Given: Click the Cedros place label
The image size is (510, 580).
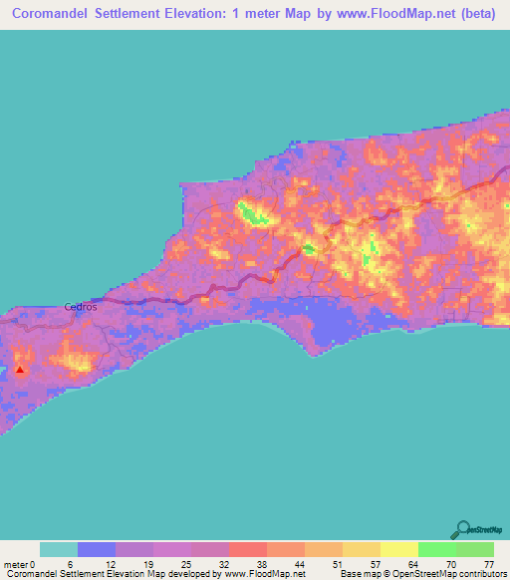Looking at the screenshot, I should (81, 307).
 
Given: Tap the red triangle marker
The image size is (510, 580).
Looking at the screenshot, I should (21, 369).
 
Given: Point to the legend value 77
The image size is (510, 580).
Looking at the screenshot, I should (488, 564).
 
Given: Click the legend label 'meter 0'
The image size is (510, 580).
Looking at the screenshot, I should (21, 564).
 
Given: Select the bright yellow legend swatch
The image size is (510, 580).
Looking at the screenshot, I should (397, 549).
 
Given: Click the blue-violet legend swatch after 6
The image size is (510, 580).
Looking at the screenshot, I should (97, 549).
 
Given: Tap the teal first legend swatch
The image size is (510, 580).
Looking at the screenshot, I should (59, 549).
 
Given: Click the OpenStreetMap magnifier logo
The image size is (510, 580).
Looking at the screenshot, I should (464, 528).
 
